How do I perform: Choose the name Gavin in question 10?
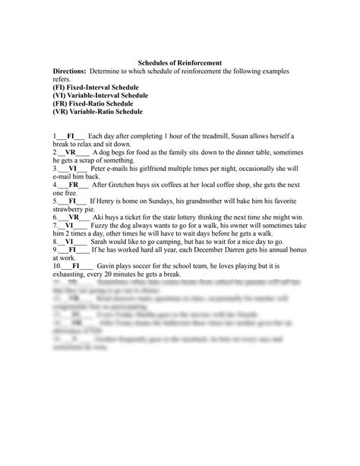pos(107,267)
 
